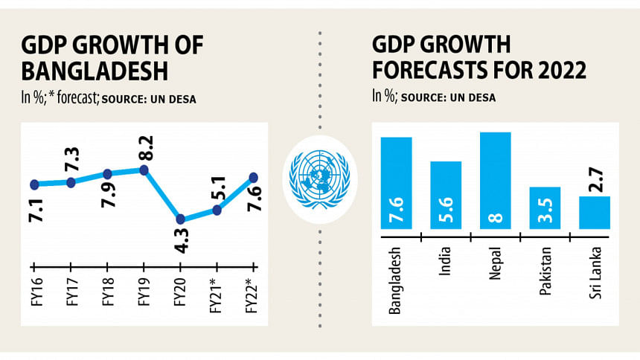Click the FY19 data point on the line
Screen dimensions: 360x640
click(144, 170)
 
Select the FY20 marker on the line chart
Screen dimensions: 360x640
click(180, 219)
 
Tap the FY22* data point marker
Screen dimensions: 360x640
click(253, 177)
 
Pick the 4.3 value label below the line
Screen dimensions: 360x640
click(181, 242)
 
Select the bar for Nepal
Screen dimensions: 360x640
click(496, 181)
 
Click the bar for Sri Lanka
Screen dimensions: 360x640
click(595, 213)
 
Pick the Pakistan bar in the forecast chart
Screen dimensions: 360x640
click(545, 208)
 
